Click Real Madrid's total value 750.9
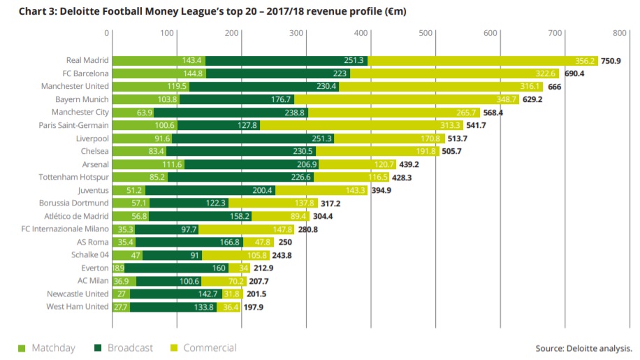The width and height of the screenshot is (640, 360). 610,61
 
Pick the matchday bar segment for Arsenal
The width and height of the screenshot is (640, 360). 147,165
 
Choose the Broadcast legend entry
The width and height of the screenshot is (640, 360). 126,347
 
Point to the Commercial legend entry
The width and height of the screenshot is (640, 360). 204,347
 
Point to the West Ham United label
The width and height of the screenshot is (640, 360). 78,307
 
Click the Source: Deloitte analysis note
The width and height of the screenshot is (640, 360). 584,348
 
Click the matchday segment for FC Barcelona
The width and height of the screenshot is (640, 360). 159,74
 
